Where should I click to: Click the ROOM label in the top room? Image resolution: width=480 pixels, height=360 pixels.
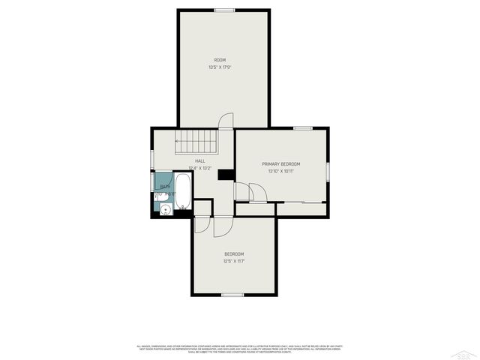(x=220, y=60)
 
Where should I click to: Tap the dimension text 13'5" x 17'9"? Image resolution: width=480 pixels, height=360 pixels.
(x=220, y=67)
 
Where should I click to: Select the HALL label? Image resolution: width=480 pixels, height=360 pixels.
(x=200, y=160)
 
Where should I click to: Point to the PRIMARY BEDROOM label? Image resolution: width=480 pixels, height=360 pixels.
(x=281, y=163)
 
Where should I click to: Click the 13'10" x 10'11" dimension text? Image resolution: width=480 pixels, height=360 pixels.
(x=281, y=171)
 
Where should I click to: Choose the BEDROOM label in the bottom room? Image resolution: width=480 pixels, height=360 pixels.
(x=234, y=254)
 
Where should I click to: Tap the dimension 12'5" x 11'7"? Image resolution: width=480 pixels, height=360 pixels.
(x=234, y=262)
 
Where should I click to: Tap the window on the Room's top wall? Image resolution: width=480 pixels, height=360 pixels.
(x=223, y=10)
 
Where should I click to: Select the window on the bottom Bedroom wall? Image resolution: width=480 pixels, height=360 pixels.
(x=232, y=295)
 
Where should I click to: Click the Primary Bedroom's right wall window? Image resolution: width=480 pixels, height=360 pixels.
(x=328, y=171)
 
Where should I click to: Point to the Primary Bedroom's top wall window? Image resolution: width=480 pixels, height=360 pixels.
(x=303, y=128)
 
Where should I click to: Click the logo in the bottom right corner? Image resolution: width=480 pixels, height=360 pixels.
(x=466, y=353)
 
